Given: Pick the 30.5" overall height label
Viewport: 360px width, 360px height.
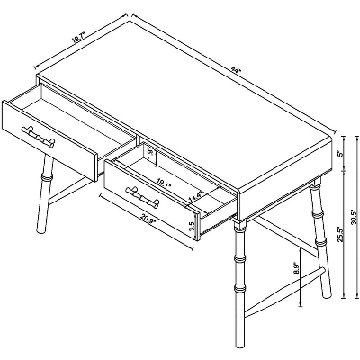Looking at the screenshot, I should (x=352, y=217).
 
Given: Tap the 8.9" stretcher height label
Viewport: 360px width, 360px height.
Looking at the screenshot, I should (x=296, y=268).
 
